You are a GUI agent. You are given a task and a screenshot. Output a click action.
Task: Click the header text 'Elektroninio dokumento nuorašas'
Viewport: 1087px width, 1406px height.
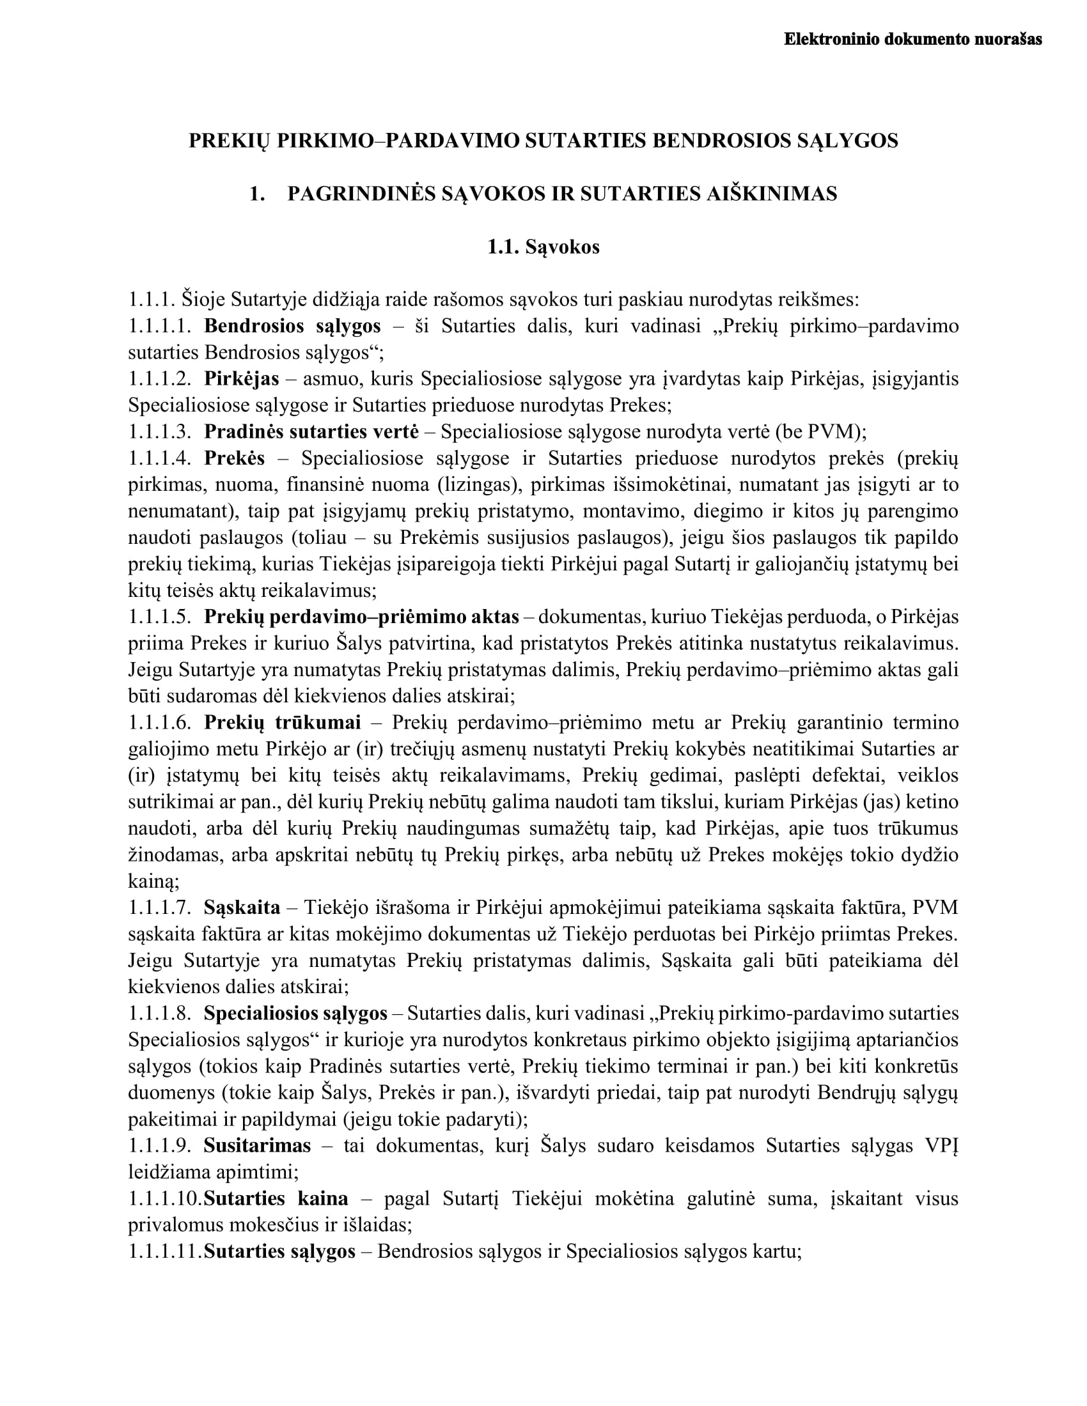click(x=912, y=39)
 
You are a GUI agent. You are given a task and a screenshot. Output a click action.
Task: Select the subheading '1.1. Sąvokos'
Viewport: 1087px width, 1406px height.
click(x=543, y=247)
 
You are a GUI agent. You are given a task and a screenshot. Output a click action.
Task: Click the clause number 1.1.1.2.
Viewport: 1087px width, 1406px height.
click(x=160, y=378)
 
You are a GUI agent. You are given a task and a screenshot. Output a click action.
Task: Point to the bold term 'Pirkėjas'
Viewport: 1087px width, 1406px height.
click(x=242, y=378)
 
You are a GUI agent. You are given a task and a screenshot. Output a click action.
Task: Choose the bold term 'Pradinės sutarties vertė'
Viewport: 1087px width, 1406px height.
click(x=311, y=431)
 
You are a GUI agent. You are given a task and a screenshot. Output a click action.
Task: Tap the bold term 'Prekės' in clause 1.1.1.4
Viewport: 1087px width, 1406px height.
click(x=235, y=458)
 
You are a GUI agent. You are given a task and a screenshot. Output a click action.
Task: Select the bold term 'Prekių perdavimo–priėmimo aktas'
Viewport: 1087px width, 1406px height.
click(x=361, y=617)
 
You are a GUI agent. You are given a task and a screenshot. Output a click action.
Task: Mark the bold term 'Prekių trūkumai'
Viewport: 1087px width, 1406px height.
click(x=282, y=723)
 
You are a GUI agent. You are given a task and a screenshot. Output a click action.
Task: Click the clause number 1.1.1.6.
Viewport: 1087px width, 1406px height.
click(x=160, y=723)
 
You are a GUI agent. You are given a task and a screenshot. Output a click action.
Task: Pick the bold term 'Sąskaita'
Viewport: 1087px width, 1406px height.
click(x=242, y=908)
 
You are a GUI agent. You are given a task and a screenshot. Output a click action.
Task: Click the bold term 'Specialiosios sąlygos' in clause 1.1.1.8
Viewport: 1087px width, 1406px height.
click(x=295, y=1014)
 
